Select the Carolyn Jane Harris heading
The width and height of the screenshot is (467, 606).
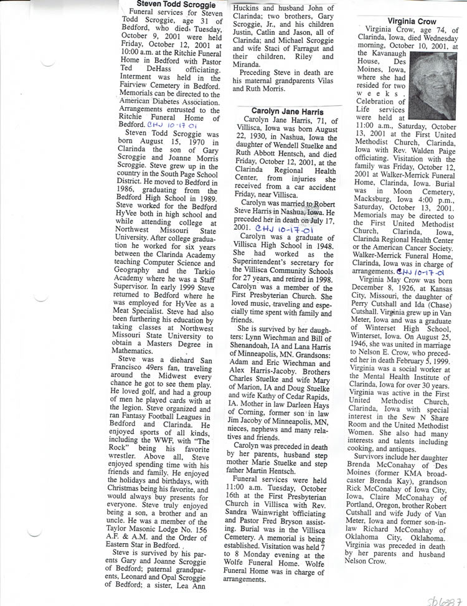coord(286,110)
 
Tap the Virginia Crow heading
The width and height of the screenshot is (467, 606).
coord(404,21)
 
